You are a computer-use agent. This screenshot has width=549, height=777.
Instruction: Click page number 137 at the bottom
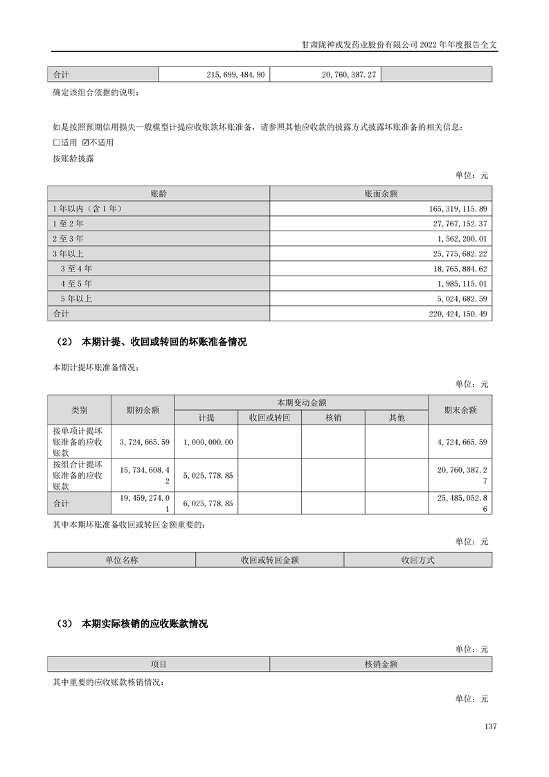(x=491, y=726)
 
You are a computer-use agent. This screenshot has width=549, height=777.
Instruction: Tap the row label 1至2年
(x=68, y=224)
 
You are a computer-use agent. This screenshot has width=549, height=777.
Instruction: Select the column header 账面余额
(x=381, y=194)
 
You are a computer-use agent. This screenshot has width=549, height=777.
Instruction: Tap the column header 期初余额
(x=143, y=410)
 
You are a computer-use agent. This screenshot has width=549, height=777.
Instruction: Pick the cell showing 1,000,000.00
(x=208, y=441)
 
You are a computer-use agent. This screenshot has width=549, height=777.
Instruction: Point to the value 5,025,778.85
(x=208, y=476)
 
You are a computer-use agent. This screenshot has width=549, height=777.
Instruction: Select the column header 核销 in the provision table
(x=333, y=418)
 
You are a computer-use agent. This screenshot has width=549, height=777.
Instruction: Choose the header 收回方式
(x=417, y=560)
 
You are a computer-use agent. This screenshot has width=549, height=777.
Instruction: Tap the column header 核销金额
(x=381, y=664)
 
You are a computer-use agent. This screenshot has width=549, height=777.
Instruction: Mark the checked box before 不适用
(x=85, y=143)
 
